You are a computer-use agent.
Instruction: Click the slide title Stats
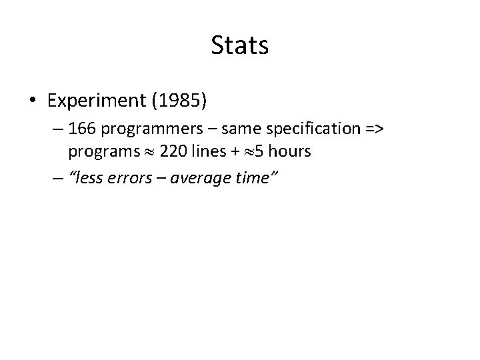click(239, 45)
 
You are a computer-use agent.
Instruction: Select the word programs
click(99, 153)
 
